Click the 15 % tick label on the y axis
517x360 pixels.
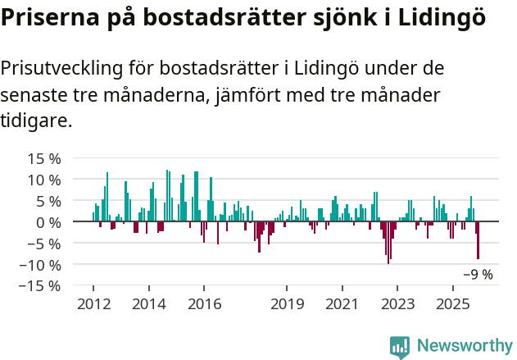coord(42,158)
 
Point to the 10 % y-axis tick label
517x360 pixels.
coord(42,180)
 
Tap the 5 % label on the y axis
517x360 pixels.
coord(46,201)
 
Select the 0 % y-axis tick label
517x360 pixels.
coord(46,222)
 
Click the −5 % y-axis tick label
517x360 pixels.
coord(42,244)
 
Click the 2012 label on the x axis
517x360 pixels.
coord(93,304)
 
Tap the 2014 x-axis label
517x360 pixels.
coord(148,304)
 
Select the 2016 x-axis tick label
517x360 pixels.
coord(204,304)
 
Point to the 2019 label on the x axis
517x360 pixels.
coord(287,304)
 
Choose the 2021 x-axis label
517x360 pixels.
coord(342,304)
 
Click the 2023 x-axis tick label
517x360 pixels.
coord(397,304)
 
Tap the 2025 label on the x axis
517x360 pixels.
coord(453,304)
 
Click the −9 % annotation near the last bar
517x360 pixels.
coord(478,275)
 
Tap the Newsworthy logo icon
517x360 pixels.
coord(399,347)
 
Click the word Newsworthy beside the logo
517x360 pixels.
coord(464,347)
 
